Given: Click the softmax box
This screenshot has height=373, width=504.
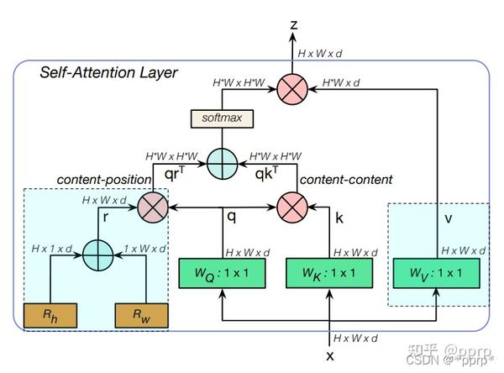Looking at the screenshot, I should pos(223,118).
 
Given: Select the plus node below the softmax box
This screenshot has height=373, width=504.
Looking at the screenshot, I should pos(223,162).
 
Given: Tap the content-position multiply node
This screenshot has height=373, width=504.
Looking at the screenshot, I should pos(153,206).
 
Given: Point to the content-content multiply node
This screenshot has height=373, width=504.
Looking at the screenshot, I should pos(293,206).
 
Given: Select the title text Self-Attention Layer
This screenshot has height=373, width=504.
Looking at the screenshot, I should pos(109,73).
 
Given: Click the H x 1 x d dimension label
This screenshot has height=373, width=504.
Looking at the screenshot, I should pos(52,250).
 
